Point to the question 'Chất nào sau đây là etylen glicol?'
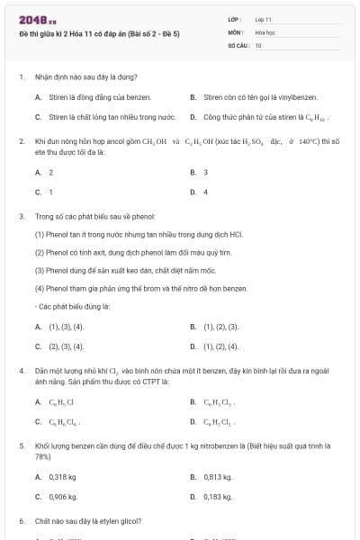(88, 521)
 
